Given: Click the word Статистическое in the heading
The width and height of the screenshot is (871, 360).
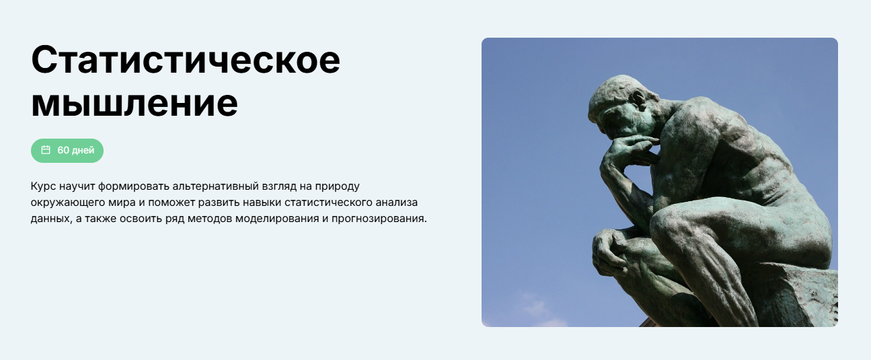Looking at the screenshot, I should click(186, 61).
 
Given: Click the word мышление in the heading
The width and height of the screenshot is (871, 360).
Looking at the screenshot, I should click(135, 103).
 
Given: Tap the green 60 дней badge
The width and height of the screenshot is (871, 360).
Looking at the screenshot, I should click(67, 150).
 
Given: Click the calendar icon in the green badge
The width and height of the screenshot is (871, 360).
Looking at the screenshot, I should click(46, 150).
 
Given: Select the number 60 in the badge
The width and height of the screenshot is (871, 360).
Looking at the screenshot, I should click(63, 150).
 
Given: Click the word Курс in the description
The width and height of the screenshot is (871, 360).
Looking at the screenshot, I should click(42, 185).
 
